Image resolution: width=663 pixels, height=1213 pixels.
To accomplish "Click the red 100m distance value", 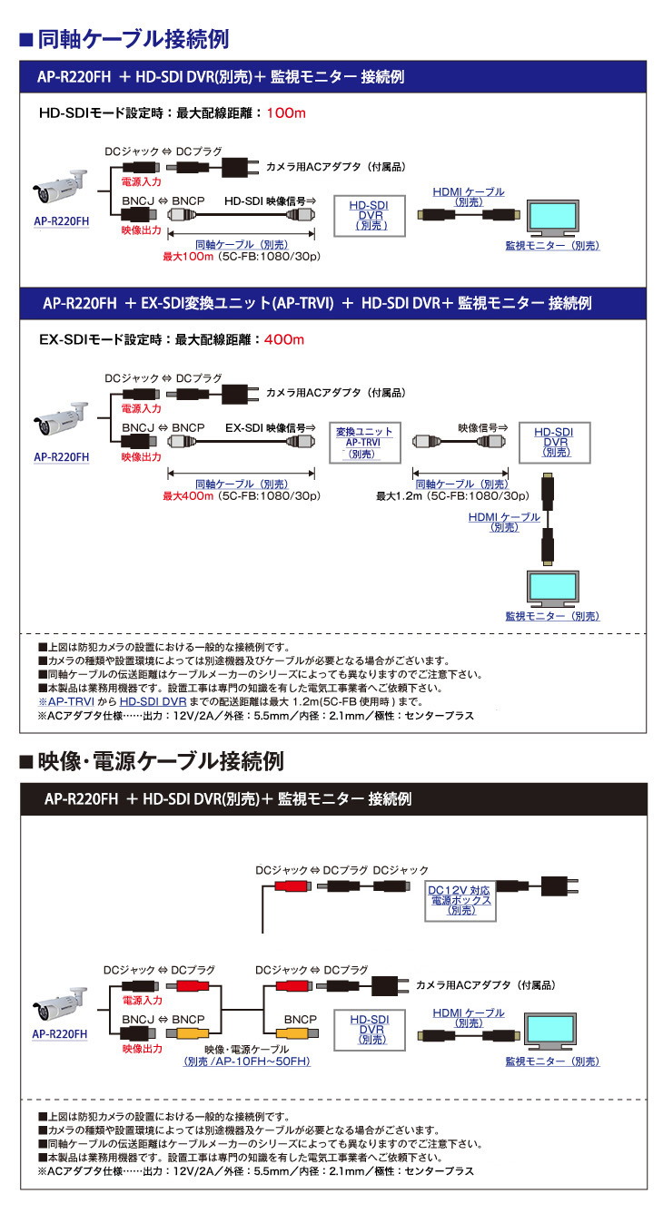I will pos(288,113).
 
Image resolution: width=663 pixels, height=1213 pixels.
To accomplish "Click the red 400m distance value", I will pos(283,339).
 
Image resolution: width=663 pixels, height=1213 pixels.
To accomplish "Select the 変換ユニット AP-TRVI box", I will pos(363,443).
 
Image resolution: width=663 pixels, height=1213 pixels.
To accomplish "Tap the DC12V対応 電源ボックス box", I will pos(460,900).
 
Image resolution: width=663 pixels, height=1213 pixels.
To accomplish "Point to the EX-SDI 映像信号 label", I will pos(270,426).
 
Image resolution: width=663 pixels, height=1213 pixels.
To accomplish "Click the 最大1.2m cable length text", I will pos(396,496).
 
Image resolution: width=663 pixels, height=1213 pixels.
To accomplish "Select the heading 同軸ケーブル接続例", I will pos(132,39).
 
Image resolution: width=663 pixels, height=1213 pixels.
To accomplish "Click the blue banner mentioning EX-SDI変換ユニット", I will pos(332,302).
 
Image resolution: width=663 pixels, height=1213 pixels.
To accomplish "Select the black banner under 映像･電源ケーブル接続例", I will pos(332,798).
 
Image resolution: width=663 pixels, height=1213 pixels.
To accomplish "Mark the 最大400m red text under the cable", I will pos(188,496).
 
